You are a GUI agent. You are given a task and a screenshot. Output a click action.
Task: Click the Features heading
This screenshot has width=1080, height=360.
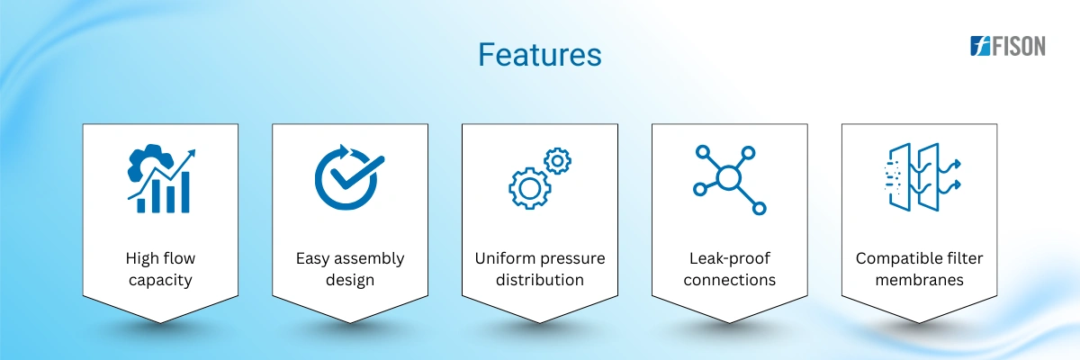point(539,55)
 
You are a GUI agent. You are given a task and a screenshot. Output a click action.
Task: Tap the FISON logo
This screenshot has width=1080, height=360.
point(1008,46)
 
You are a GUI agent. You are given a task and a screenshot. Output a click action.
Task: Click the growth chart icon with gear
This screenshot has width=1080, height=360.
point(161,178)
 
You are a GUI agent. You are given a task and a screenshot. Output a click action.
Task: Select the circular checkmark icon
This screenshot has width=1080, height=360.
point(349,177)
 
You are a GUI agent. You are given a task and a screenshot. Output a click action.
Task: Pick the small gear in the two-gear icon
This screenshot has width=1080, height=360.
point(557,161)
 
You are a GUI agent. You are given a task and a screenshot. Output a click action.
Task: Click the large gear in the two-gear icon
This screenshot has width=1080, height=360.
point(529,188)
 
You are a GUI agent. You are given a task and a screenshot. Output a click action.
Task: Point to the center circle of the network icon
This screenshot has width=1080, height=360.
point(728,178)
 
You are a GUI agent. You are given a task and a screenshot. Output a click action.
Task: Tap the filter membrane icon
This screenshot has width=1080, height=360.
point(922,177)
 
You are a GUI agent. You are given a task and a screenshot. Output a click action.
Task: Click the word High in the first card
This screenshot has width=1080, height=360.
point(140,259)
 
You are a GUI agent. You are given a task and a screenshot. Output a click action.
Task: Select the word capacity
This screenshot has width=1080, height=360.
point(160,281)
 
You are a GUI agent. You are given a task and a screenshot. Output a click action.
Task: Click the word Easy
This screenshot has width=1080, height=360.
point(312,259)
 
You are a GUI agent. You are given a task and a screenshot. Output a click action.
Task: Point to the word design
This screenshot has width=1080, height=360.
point(350,280)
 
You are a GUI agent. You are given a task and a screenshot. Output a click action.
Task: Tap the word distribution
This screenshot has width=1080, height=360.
point(539,280)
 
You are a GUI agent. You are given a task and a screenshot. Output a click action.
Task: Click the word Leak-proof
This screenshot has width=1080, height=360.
point(730,259)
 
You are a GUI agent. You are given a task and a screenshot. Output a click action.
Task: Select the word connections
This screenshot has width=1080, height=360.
point(730,280)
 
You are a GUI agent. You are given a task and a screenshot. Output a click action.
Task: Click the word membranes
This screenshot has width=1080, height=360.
point(920,280)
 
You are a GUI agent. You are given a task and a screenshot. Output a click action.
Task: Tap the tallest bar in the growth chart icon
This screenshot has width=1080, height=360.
point(184,192)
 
